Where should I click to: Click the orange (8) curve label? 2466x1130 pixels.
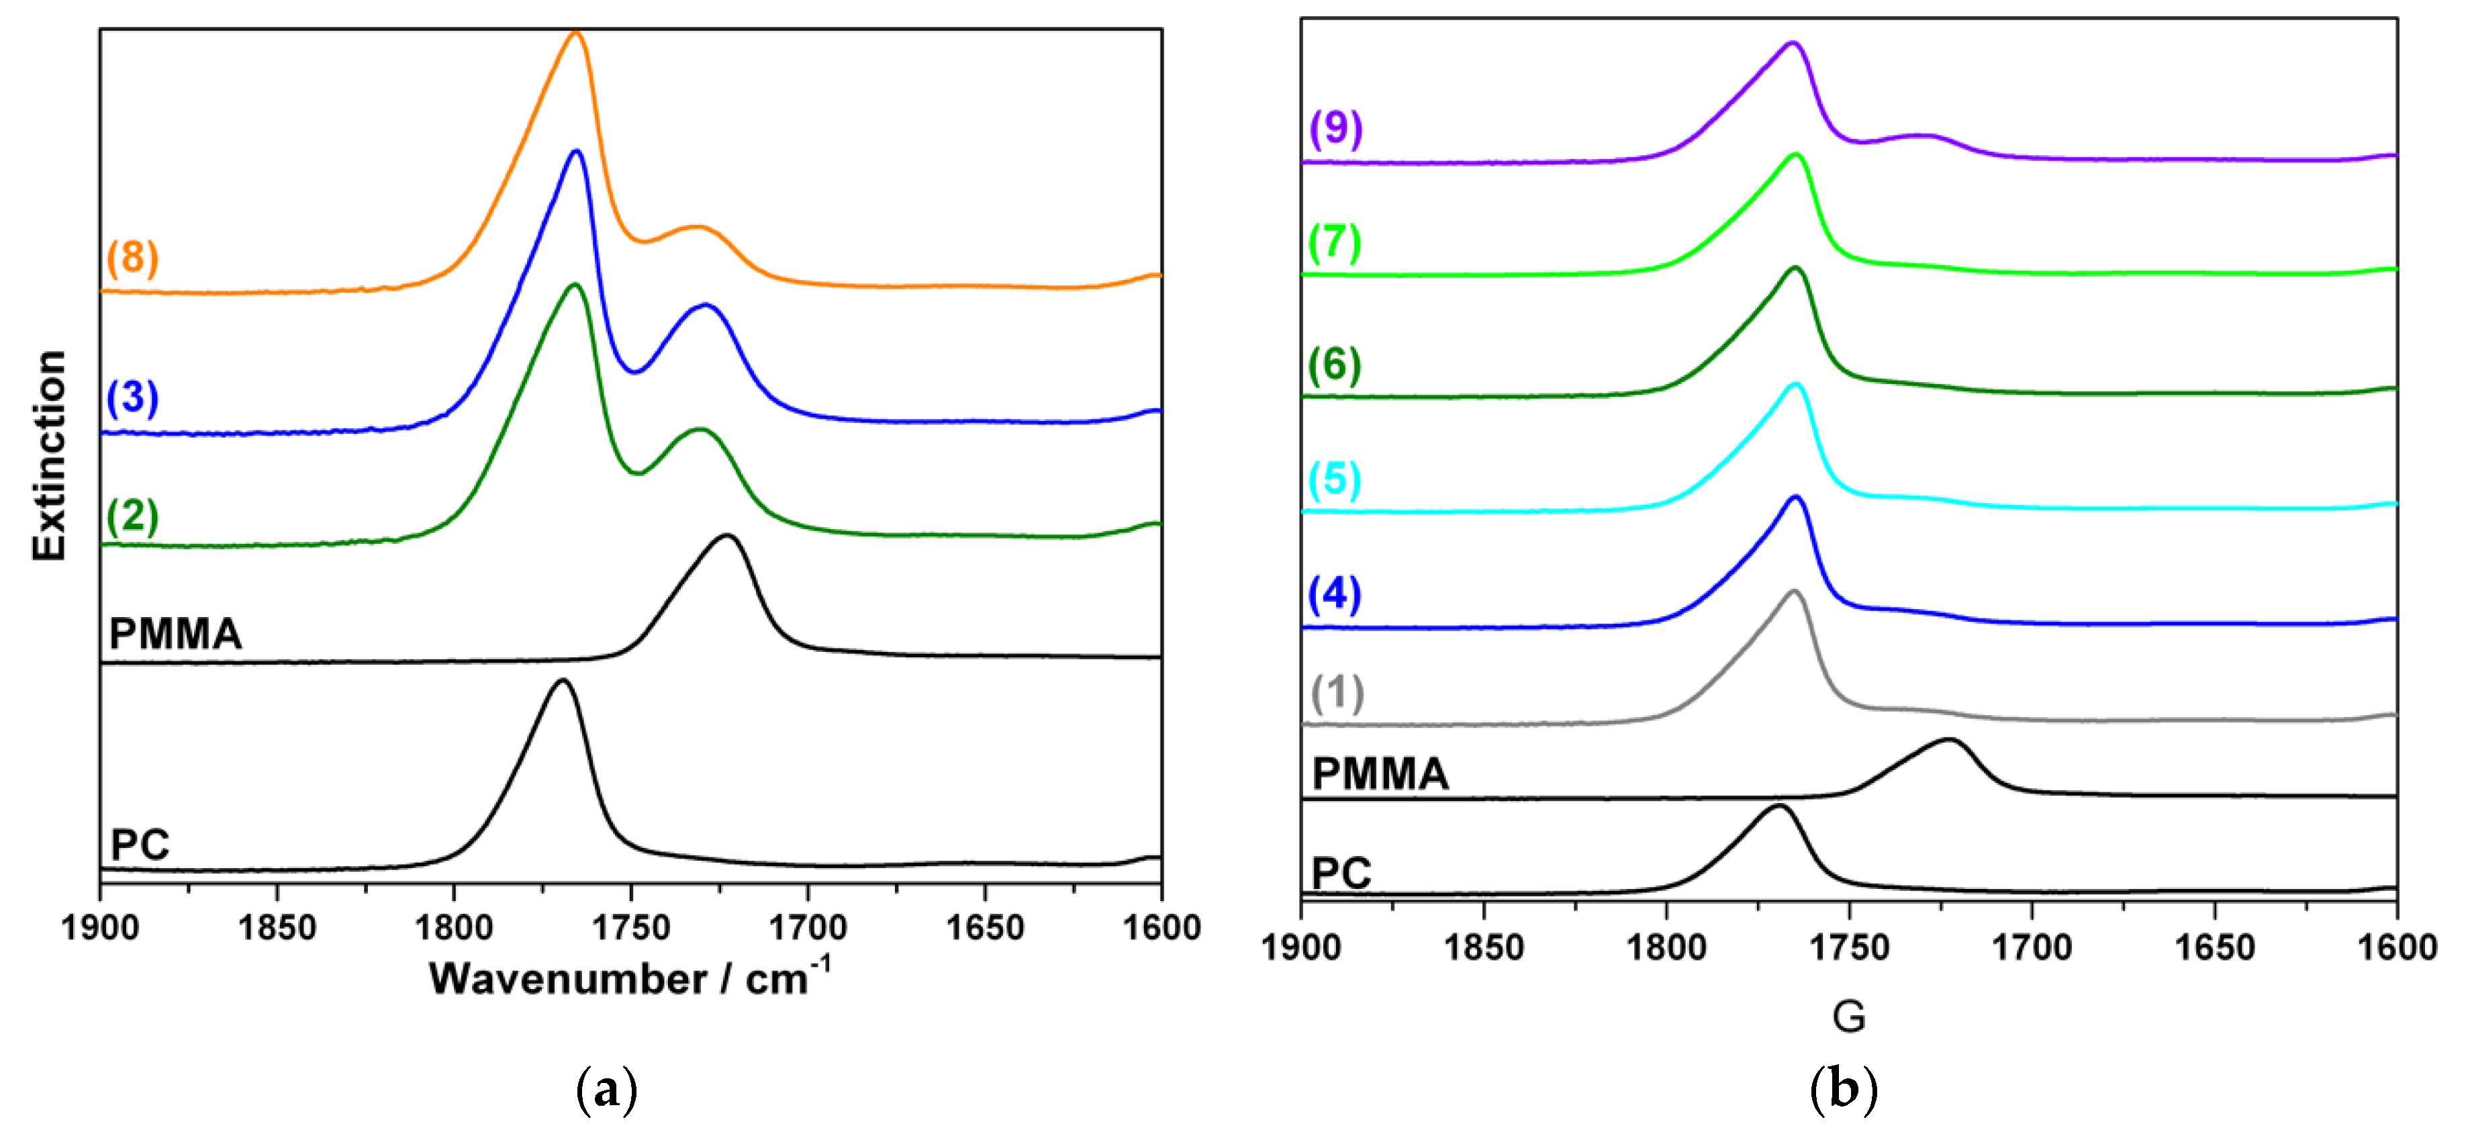132,258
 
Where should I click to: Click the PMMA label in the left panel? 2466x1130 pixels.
175,634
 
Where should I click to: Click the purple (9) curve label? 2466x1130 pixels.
1335,128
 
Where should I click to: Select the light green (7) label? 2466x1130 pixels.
1335,242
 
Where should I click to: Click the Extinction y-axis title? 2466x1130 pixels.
49,455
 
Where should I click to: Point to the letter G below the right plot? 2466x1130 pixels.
1848,1016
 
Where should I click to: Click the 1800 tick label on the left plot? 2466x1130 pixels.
454,928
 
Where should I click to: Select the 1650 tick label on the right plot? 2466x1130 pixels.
2214,947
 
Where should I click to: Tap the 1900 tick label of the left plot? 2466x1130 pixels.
99,928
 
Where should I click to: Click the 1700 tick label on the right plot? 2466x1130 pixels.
2032,947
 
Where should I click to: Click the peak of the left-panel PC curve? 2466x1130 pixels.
563,681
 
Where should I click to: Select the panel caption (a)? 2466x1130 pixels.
606,1090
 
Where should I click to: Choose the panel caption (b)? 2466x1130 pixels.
1844,1090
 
